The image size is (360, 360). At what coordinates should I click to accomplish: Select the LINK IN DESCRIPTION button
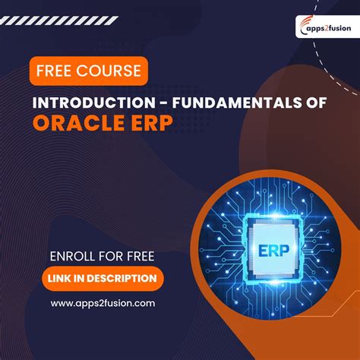[103, 278]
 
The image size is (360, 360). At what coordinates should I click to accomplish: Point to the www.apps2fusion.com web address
[103, 303]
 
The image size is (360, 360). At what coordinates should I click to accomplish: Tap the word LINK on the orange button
[62, 278]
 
